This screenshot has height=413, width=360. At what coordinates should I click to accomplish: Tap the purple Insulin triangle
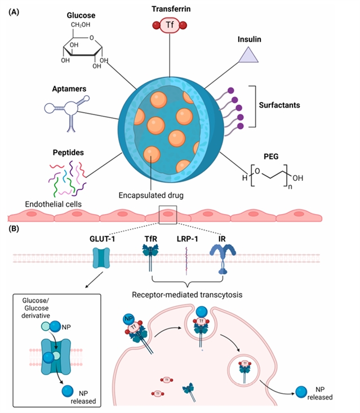246,55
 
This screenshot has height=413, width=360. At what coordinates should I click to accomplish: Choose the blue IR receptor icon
221,259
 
